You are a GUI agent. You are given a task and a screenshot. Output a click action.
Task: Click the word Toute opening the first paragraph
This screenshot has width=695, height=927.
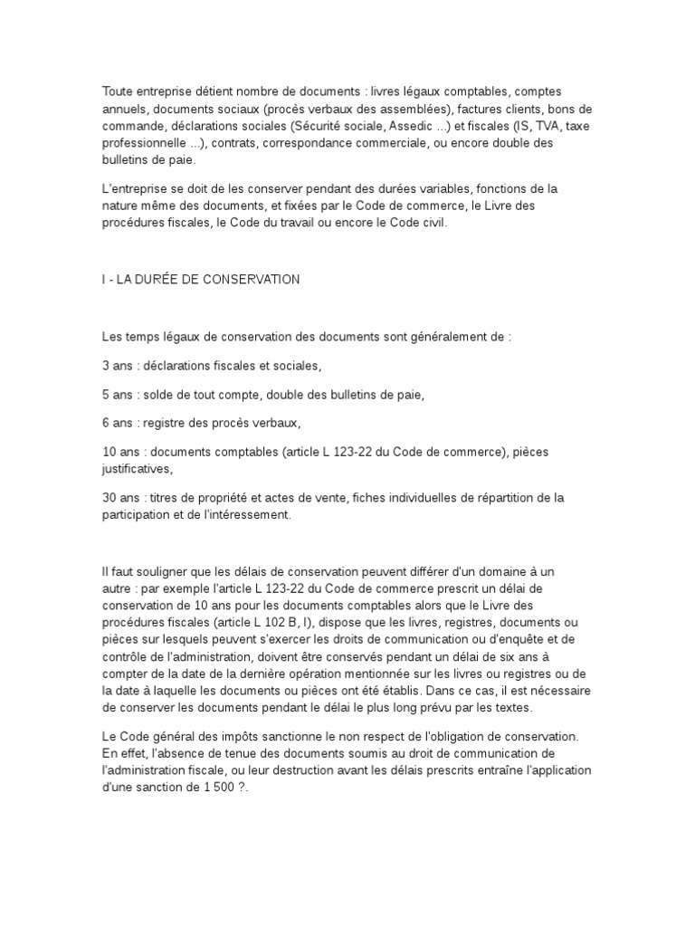[x=116, y=91]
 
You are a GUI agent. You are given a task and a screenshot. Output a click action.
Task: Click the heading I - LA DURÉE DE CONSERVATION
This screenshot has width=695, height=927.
[x=200, y=280]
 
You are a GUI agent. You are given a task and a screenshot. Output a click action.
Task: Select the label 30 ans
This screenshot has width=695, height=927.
[x=120, y=497]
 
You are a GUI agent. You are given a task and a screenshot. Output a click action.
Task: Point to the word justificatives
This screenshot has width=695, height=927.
[x=135, y=469]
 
